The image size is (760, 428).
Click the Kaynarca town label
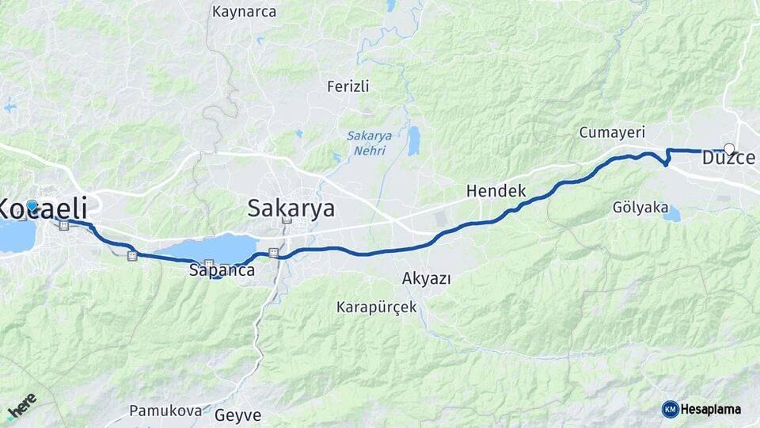click(x=245, y=12)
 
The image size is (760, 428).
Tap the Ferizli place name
click(x=348, y=86)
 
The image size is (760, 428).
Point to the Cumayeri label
click(x=612, y=132)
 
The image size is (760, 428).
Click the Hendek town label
click(x=496, y=191)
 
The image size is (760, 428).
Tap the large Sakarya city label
click(x=291, y=208)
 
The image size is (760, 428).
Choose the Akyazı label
click(x=426, y=278)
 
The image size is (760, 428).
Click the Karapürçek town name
click(x=376, y=307)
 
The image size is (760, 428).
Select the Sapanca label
click(x=222, y=271)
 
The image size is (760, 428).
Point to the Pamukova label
click(x=162, y=411)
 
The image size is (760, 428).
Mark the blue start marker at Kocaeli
click(x=32, y=205)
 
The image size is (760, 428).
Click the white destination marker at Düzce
click(x=729, y=148)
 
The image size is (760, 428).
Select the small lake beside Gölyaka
click(x=671, y=214)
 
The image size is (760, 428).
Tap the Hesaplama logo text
click(x=710, y=409)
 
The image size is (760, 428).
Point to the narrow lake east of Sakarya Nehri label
click(x=413, y=140)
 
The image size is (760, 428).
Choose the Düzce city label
click(x=728, y=159)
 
